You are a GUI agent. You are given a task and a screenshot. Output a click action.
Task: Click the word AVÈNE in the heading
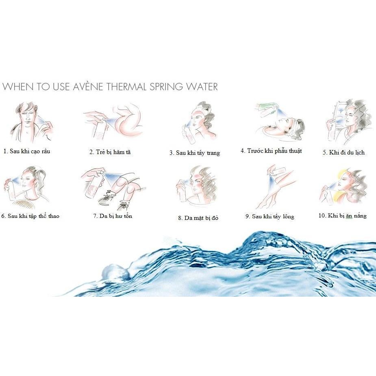[88, 87]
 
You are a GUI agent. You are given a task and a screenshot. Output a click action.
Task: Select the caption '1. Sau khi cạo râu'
[27, 151]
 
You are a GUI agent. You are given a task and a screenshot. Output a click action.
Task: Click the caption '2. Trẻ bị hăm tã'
[110, 152]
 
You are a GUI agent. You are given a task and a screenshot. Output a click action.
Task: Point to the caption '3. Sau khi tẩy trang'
[195, 153]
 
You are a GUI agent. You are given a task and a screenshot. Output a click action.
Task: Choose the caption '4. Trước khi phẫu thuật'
[271, 151]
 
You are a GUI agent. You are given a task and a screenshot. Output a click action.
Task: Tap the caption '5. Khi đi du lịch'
[343, 152]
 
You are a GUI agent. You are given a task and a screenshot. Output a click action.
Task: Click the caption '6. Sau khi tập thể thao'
[30, 216]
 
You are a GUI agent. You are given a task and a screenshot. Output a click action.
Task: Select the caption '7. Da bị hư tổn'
[113, 216]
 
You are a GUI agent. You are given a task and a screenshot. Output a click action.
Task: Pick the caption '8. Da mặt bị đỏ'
[198, 218]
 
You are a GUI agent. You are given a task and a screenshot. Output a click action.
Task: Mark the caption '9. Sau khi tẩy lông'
[270, 217]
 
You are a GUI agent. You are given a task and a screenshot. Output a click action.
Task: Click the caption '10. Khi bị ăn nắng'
[342, 216]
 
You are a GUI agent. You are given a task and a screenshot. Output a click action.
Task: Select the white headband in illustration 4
[294, 126]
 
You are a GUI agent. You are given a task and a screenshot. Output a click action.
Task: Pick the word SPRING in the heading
[166, 87]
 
